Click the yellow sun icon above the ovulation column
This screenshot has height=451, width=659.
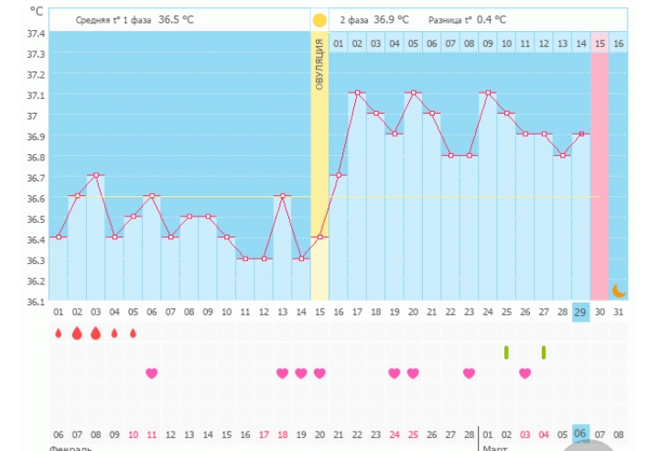tap(319, 19)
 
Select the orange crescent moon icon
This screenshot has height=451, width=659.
tap(619, 291)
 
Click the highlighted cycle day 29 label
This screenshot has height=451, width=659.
tap(580, 313)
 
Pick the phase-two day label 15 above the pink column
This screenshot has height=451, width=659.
tap(600, 43)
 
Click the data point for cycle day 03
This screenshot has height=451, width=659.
tap(95, 174)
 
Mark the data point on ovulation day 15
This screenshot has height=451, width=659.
tap(319, 236)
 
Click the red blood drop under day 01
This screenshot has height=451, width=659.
tap(58, 334)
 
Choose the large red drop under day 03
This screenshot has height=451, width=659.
tap(95, 333)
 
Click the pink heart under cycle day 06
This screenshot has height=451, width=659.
tap(151, 373)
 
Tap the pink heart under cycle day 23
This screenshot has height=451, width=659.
tap(469, 373)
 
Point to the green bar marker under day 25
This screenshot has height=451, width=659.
tap(506, 352)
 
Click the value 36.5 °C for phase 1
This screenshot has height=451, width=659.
tap(176, 19)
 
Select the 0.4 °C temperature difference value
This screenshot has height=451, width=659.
tap(492, 19)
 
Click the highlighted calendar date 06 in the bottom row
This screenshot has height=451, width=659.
tap(580, 434)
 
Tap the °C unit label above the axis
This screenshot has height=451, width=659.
tap(36, 11)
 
